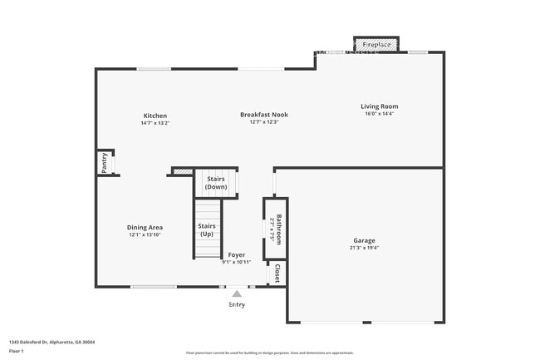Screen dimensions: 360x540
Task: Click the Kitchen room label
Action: (x=155, y=116)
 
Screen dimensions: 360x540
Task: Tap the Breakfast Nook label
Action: (x=264, y=115)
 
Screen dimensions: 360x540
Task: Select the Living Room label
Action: (x=379, y=106)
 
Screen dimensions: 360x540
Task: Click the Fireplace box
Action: (x=376, y=43)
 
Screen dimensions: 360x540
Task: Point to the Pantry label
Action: (x=105, y=163)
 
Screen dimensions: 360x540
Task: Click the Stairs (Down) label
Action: (x=216, y=183)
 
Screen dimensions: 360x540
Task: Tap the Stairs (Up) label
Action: (x=207, y=229)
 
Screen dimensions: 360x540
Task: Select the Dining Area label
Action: (x=145, y=228)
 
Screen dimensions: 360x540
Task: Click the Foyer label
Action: (x=237, y=255)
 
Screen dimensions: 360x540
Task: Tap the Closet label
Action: (x=277, y=274)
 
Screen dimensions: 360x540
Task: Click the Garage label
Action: (x=363, y=240)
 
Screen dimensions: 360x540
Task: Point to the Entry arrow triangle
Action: (x=237, y=293)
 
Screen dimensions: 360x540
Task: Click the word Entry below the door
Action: (x=237, y=304)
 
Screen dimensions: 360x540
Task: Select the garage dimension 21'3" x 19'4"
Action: (x=363, y=248)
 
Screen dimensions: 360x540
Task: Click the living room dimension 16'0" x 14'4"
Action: (x=379, y=114)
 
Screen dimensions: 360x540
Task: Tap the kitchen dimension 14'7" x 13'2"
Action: (x=155, y=123)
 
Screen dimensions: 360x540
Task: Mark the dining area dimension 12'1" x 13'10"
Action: (x=145, y=235)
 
